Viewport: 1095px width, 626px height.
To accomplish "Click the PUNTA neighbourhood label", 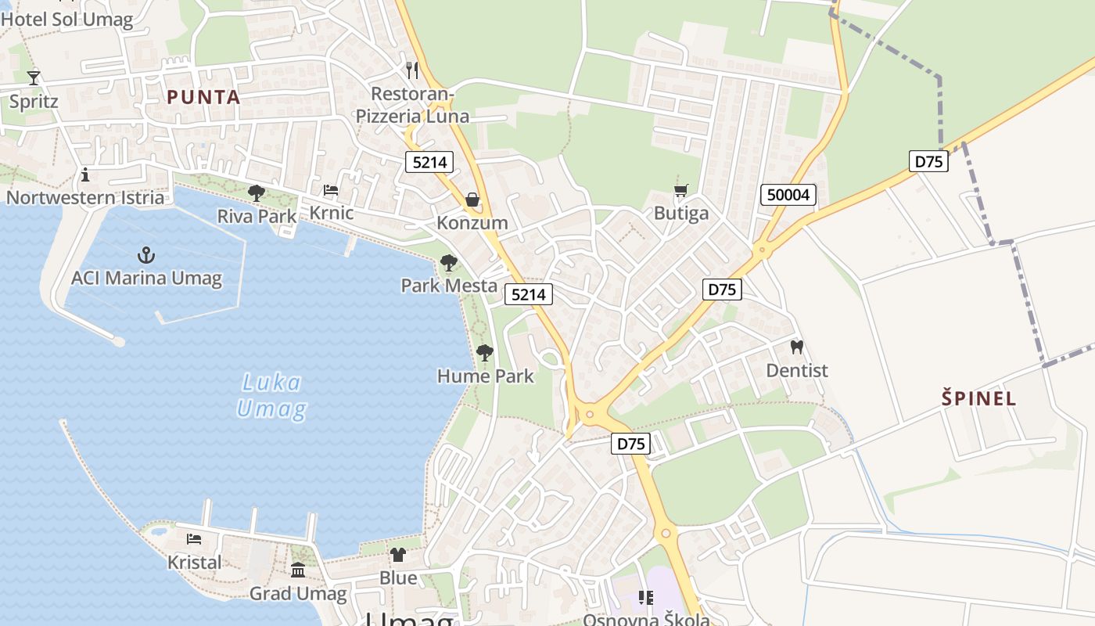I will [203, 97].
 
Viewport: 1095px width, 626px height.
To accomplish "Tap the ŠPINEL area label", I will [978, 398].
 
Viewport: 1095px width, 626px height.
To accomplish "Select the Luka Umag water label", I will [271, 396].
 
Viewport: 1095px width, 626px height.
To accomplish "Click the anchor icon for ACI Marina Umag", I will [146, 255].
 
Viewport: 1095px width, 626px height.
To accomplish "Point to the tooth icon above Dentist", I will [797, 347].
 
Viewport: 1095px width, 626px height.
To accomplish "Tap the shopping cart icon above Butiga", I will [681, 191].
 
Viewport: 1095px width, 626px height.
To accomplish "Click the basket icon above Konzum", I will [472, 200].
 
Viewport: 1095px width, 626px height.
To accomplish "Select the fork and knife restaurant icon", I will [412, 70].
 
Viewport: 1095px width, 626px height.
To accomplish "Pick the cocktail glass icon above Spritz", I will [34, 77].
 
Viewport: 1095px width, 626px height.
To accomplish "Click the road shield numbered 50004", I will [788, 195].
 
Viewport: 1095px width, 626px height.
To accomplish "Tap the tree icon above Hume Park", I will [485, 353].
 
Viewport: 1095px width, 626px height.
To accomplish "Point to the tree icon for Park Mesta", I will [448, 263].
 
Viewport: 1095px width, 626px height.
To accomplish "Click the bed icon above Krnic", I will [331, 190].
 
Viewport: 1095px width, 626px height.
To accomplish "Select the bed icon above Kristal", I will [194, 539].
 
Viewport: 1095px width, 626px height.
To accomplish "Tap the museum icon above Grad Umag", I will [298, 570].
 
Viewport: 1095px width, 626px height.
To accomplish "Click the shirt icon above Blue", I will [398, 555].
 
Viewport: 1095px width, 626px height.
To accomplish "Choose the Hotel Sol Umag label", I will [66, 19].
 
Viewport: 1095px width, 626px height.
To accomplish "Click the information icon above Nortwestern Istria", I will [85, 174].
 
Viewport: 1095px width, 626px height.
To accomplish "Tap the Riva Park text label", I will [257, 216].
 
